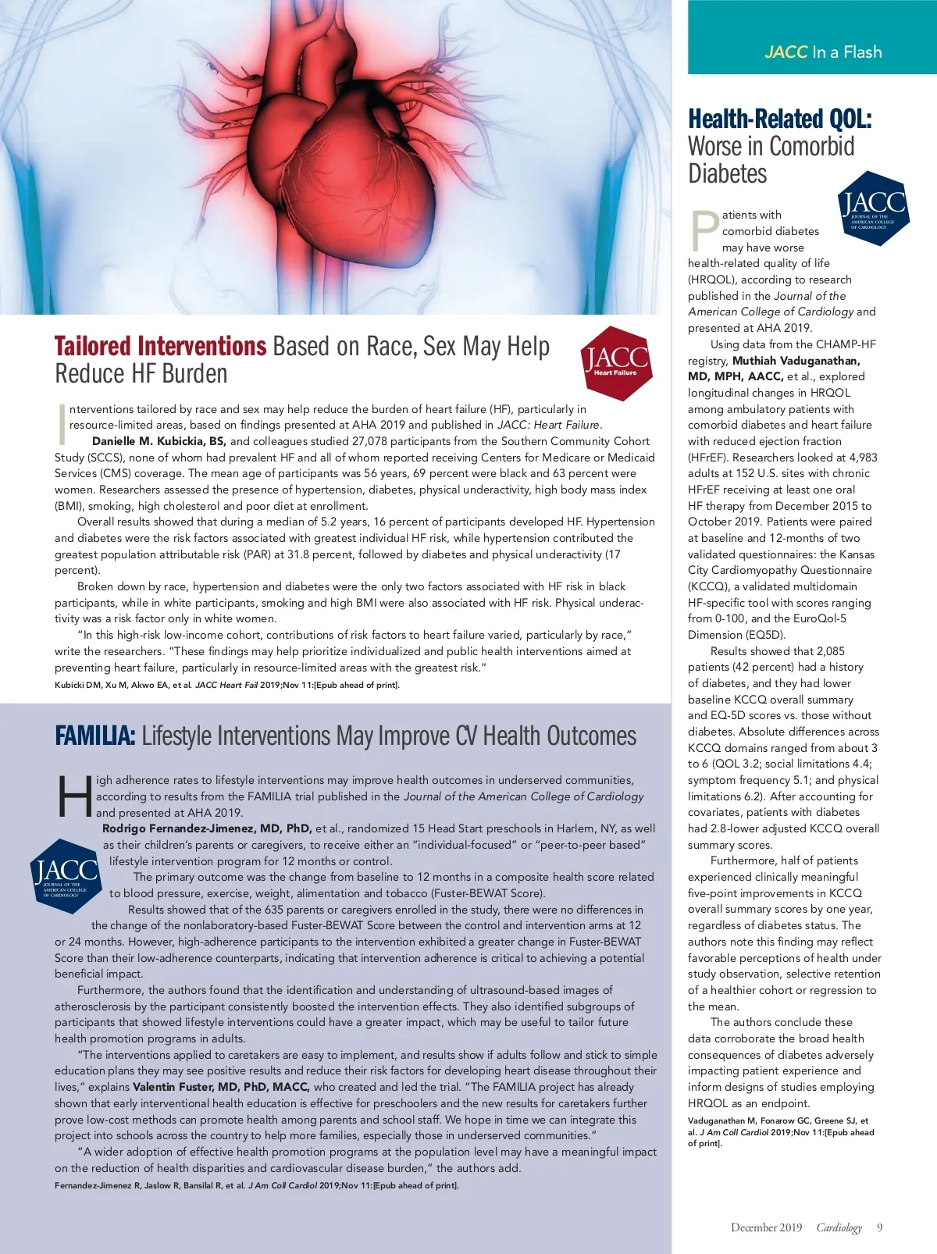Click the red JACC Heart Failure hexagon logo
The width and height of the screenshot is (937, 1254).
[616, 363]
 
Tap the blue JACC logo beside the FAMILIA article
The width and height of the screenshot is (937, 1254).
[65, 875]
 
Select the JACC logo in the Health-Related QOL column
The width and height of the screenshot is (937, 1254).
[873, 208]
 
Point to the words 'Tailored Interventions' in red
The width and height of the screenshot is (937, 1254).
[161, 346]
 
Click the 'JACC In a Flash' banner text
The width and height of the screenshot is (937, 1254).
[823, 52]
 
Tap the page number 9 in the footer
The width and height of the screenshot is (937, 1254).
[879, 1227]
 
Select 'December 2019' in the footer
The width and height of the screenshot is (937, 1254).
[766, 1227]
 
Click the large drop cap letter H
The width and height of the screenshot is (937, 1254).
[74, 796]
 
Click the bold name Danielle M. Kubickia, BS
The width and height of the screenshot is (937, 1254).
[159, 441]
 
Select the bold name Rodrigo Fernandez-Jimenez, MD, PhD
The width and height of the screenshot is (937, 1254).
[207, 828]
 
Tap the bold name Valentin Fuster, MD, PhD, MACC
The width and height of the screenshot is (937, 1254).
[221, 1087]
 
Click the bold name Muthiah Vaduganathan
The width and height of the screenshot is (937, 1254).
[796, 361]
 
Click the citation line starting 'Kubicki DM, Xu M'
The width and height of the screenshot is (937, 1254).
[226, 686]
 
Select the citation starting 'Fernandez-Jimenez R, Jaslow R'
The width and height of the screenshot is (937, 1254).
[256, 1185]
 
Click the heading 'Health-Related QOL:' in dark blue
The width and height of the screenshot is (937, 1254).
[779, 119]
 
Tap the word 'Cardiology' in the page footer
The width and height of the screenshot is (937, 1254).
[839, 1227]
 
